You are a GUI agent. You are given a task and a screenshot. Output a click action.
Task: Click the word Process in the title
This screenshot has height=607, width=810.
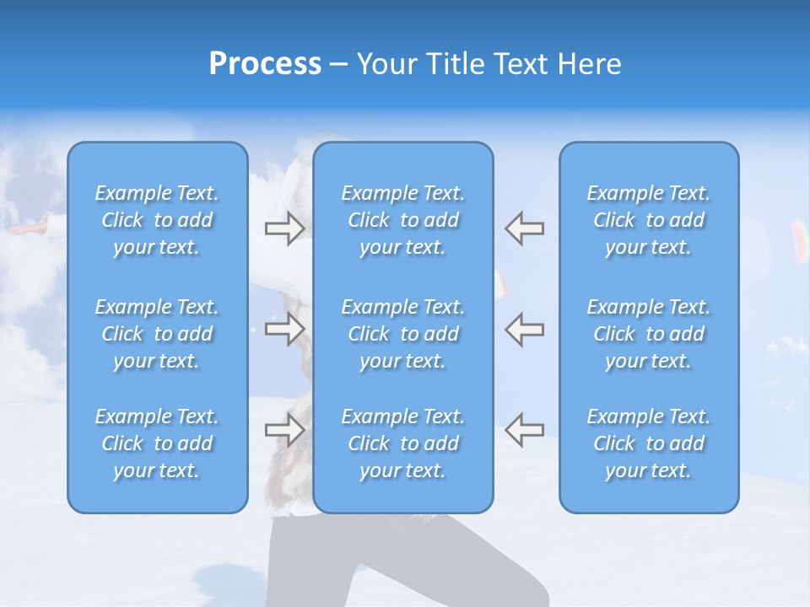click(265, 64)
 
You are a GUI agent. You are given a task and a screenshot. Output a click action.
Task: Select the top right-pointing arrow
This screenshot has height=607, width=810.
click(284, 228)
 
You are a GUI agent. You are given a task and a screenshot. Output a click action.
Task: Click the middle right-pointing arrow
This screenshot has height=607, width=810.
click(284, 329)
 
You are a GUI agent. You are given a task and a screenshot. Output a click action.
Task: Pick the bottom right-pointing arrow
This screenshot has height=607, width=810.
click(284, 429)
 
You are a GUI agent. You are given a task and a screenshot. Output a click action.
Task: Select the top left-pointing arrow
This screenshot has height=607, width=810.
click(524, 228)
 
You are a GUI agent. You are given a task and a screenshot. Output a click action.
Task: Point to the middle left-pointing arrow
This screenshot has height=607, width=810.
click(524, 329)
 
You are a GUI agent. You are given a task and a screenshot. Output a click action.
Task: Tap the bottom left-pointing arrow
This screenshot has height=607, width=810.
click(524, 429)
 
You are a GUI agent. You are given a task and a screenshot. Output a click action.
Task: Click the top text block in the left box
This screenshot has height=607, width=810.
click(157, 220)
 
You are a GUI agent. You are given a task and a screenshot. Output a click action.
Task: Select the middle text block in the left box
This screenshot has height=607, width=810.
click(157, 334)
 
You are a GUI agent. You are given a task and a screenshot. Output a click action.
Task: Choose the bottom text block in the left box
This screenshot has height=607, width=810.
click(157, 443)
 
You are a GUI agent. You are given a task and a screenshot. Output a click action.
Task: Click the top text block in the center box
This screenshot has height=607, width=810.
click(403, 220)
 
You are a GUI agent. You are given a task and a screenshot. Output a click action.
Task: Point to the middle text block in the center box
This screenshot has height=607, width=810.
click(403, 334)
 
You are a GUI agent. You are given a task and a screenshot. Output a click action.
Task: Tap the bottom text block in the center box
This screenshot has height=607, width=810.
click(403, 443)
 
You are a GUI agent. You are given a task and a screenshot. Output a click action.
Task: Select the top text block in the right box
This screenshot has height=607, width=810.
click(649, 220)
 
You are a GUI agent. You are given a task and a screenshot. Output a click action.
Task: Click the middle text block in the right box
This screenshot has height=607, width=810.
click(649, 334)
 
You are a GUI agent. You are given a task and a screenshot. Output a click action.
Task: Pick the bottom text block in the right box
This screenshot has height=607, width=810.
click(649, 443)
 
